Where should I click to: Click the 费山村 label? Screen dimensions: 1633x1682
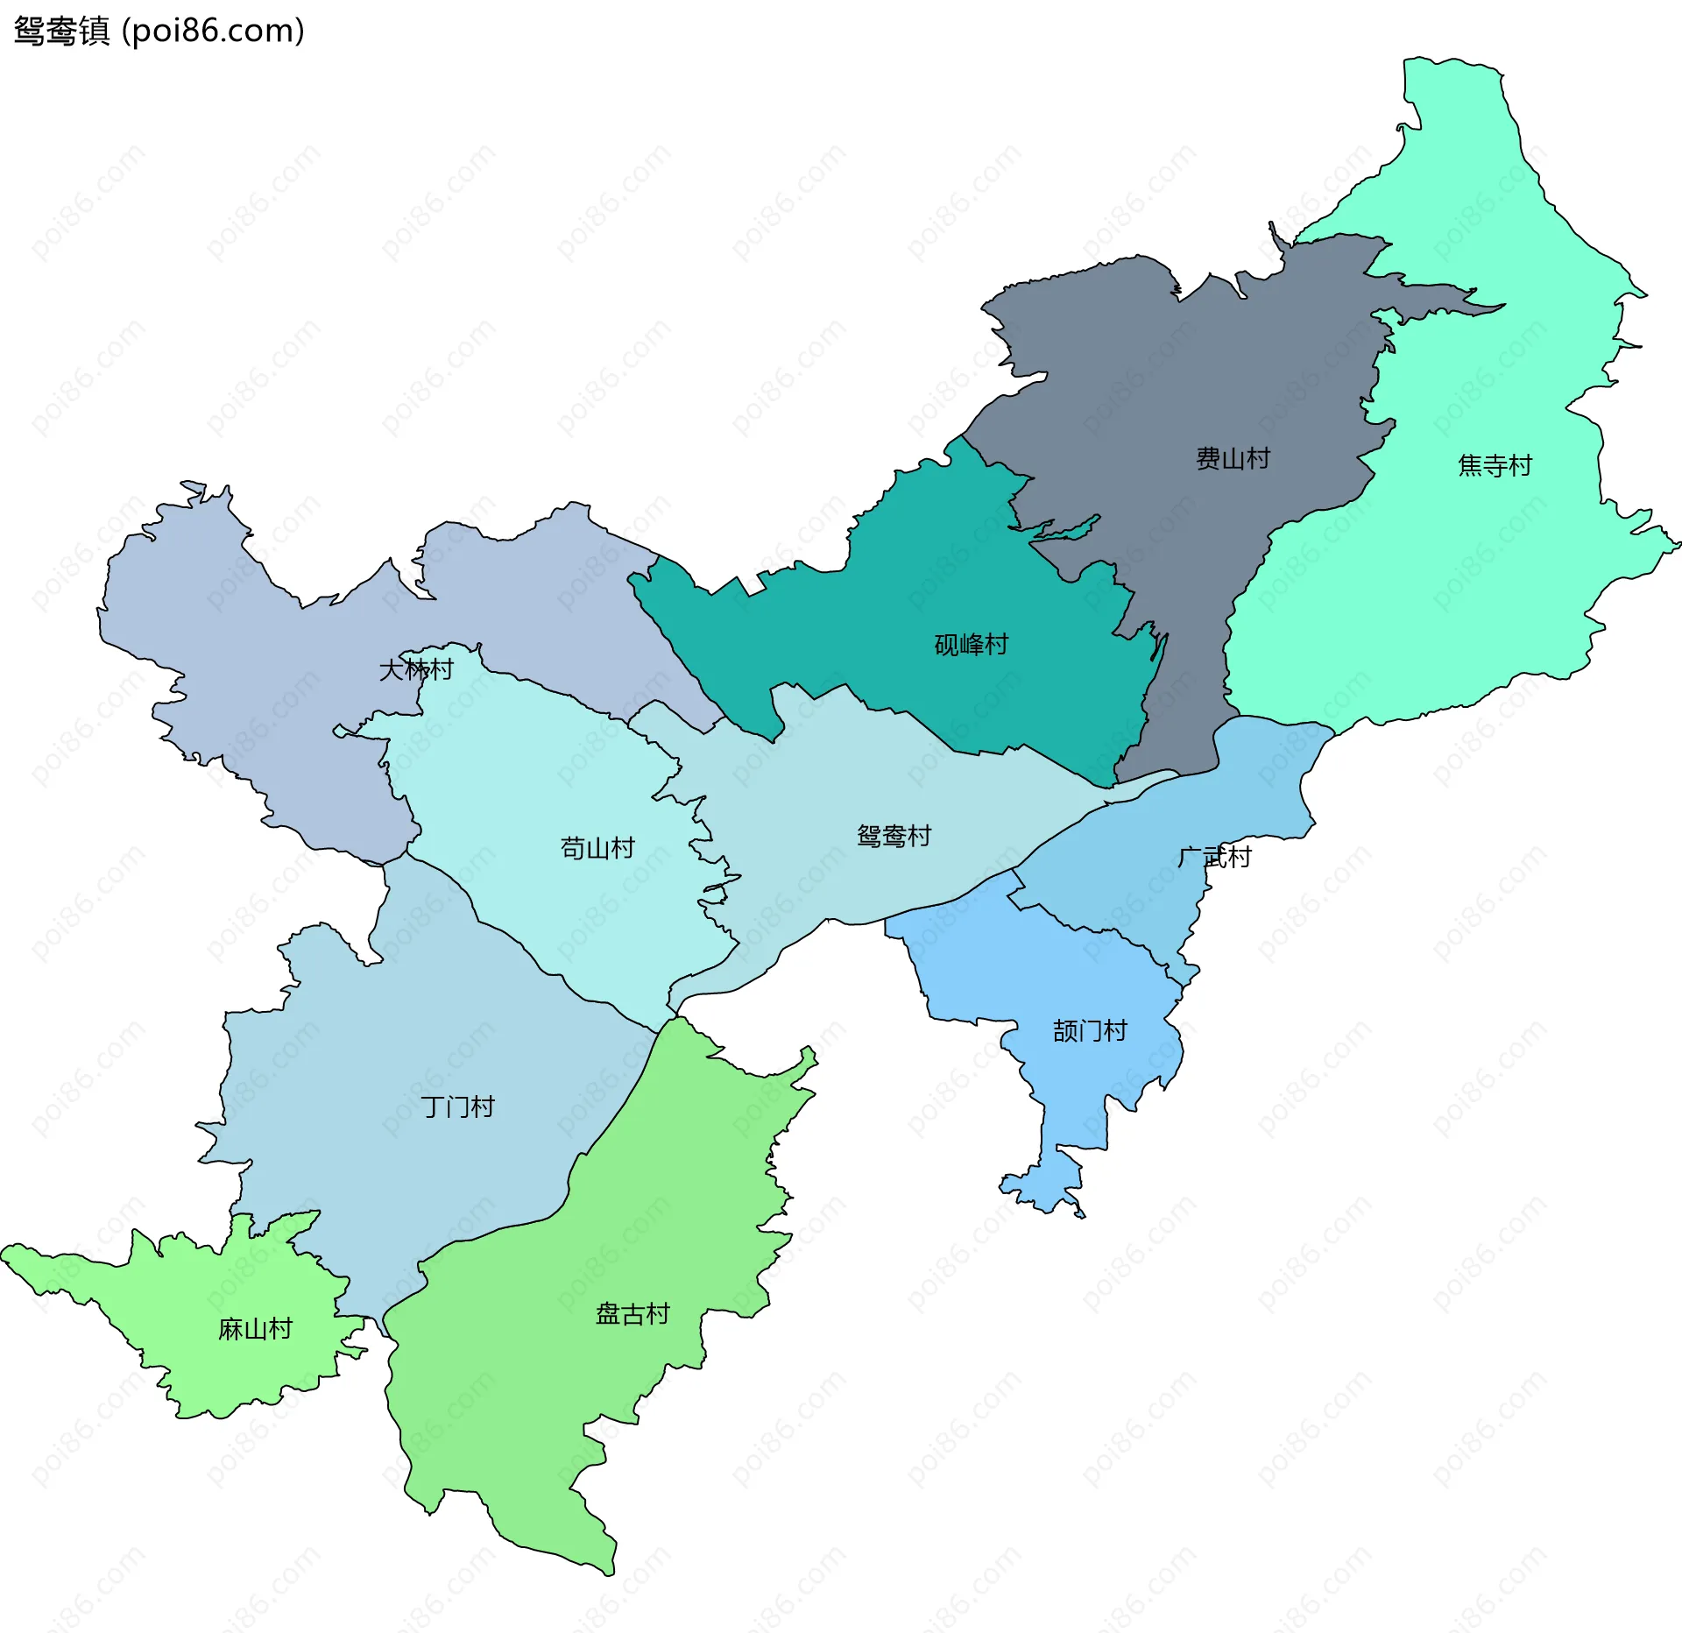[1233, 458]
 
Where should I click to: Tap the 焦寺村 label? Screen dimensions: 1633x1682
[1495, 465]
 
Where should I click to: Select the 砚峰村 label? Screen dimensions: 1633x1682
[971, 645]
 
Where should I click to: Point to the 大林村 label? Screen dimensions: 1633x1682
[415, 669]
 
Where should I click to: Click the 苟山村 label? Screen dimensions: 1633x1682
[597, 848]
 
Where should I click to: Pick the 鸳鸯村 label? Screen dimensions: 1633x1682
[894, 836]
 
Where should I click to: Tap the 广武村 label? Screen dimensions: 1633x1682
[1214, 857]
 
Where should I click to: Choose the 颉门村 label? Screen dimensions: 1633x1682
[1090, 1030]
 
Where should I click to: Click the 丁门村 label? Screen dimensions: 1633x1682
[457, 1106]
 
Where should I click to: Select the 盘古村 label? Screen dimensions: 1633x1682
[633, 1314]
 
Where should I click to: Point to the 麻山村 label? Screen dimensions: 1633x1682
[255, 1329]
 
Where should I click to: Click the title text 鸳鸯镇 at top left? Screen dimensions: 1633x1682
[61, 31]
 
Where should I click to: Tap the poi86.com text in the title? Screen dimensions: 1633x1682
[213, 31]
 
